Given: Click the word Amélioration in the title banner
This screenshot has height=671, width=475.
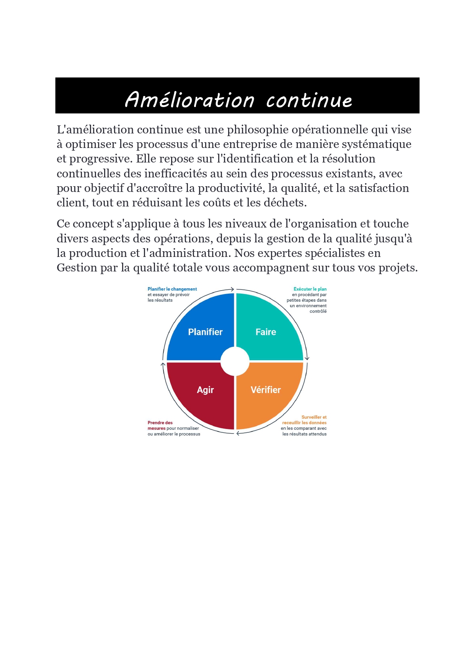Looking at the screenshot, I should point(189,100).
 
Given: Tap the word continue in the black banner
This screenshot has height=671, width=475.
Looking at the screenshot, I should point(309,101).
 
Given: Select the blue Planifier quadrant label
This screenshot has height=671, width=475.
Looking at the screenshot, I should point(205,332).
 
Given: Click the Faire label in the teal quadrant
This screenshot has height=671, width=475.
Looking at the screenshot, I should point(266,332).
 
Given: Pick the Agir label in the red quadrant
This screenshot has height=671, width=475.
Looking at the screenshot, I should point(205,390).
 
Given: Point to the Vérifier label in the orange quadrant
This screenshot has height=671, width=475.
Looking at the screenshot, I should point(266,390).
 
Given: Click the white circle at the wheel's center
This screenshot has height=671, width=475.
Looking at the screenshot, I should point(235,361).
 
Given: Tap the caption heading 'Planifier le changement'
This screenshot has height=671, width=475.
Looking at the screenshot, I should point(172,289).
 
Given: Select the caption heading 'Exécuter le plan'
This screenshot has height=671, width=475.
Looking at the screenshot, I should point(310,289).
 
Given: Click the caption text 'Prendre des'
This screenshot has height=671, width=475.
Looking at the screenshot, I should point(160,423).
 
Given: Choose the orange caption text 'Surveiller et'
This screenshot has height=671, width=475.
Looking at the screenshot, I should point(314,417).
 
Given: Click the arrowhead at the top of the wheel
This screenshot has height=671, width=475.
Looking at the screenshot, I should point(232,289).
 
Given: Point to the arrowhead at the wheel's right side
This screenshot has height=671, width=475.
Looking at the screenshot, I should point(307,358).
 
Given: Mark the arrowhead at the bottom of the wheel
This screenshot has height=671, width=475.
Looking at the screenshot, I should point(238,433).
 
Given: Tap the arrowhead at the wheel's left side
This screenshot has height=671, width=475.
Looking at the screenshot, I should point(163,364).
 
